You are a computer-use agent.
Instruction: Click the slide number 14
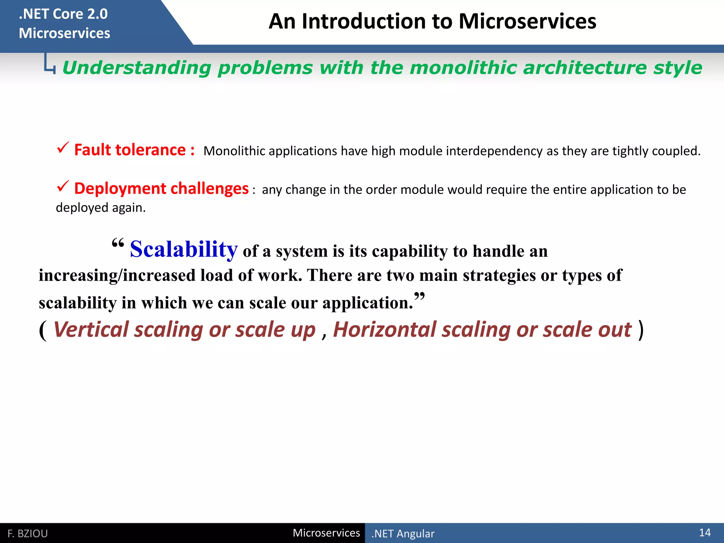(x=705, y=532)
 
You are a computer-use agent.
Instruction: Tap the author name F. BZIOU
(x=28, y=533)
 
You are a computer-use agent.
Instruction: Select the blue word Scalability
(x=183, y=249)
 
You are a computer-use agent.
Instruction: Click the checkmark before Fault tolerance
(x=63, y=148)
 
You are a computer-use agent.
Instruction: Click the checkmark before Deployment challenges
(x=63, y=186)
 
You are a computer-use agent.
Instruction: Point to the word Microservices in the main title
(x=527, y=21)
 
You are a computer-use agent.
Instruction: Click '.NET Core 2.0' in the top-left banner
(x=63, y=14)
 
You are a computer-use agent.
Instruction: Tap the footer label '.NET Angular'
(x=403, y=533)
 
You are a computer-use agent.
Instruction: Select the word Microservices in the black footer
(x=326, y=533)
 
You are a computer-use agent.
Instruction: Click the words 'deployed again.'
(x=101, y=208)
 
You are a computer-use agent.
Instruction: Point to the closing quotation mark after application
(x=419, y=296)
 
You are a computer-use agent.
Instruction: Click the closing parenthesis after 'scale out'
(x=641, y=330)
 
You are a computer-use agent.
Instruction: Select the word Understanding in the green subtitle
(x=136, y=68)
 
